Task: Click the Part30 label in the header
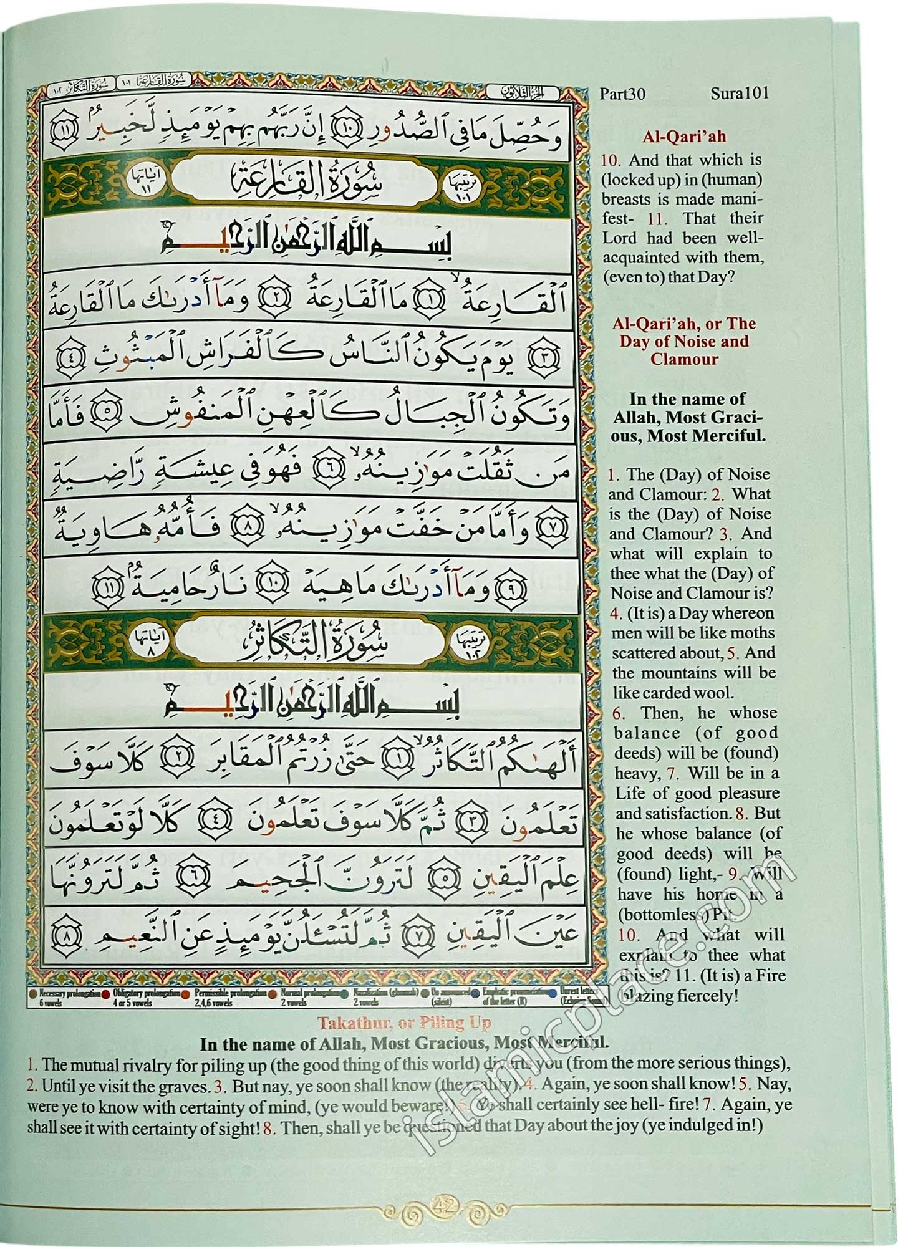622,94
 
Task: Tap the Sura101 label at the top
739,94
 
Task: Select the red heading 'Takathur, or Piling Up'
405,1023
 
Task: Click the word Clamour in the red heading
684,359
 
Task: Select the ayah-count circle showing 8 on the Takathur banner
145,644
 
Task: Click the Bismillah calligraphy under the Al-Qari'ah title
306,243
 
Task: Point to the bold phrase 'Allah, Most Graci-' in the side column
688,417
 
